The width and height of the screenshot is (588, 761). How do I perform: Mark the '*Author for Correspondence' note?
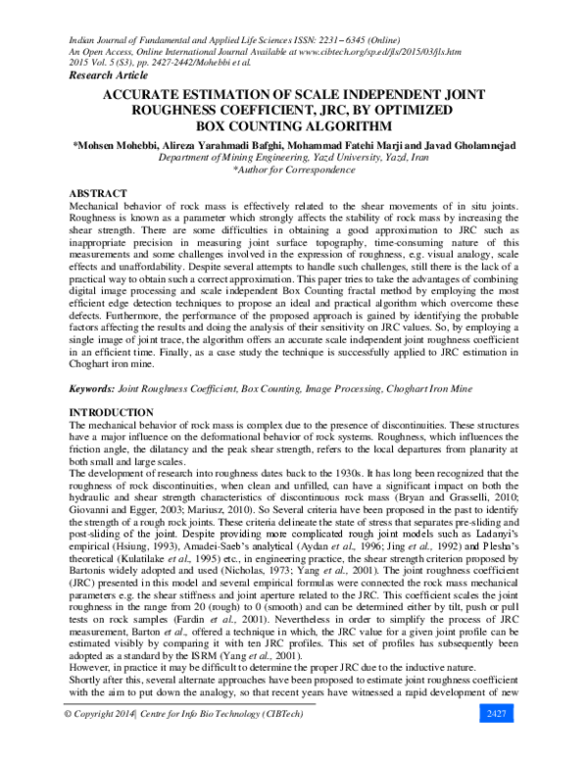pos(294,169)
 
